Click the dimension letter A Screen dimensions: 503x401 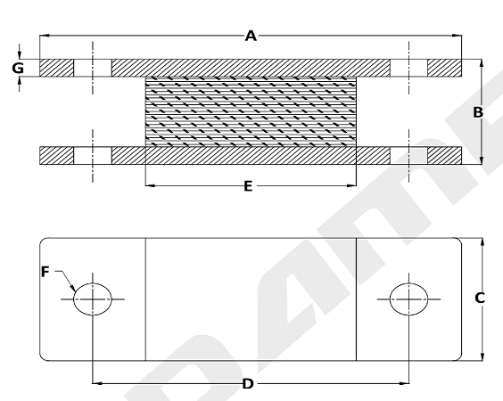[x=251, y=36]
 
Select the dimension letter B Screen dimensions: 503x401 [x=478, y=112]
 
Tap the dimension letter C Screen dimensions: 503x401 [x=480, y=299]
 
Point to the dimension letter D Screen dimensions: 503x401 [x=248, y=384]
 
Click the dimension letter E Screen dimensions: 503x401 [x=248, y=186]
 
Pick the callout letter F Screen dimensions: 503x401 [x=45, y=272]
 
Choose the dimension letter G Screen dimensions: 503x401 [x=18, y=69]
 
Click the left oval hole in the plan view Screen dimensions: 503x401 [x=93, y=299]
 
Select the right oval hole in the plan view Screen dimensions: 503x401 [x=409, y=299]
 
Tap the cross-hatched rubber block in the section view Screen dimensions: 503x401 [x=251, y=111]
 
